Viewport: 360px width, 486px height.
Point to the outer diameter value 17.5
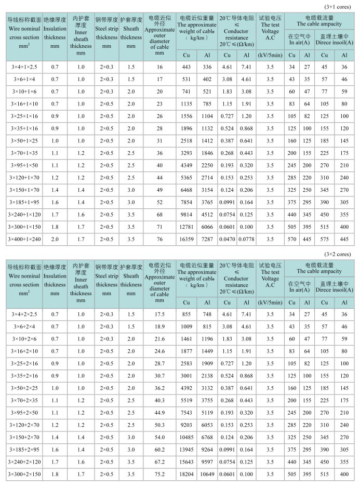click(x=159, y=314)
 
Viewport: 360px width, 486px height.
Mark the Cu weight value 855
click(x=187, y=314)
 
